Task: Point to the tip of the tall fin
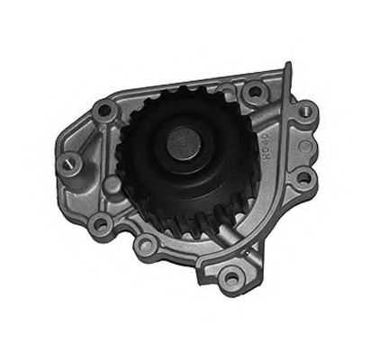coord(287,64)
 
